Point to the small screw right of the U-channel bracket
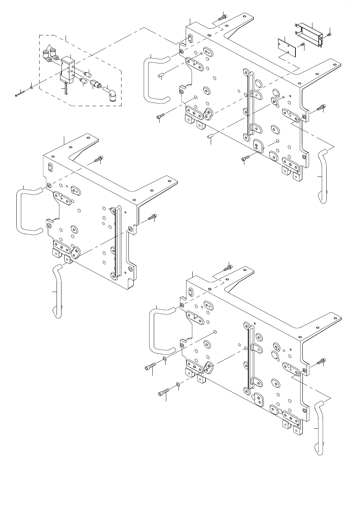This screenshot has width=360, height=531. click(x=329, y=34)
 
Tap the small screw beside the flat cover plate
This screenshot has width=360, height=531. click(x=302, y=44)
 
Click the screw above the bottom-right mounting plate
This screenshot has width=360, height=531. click(x=229, y=267)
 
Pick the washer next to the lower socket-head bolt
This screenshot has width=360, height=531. click(x=178, y=384)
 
